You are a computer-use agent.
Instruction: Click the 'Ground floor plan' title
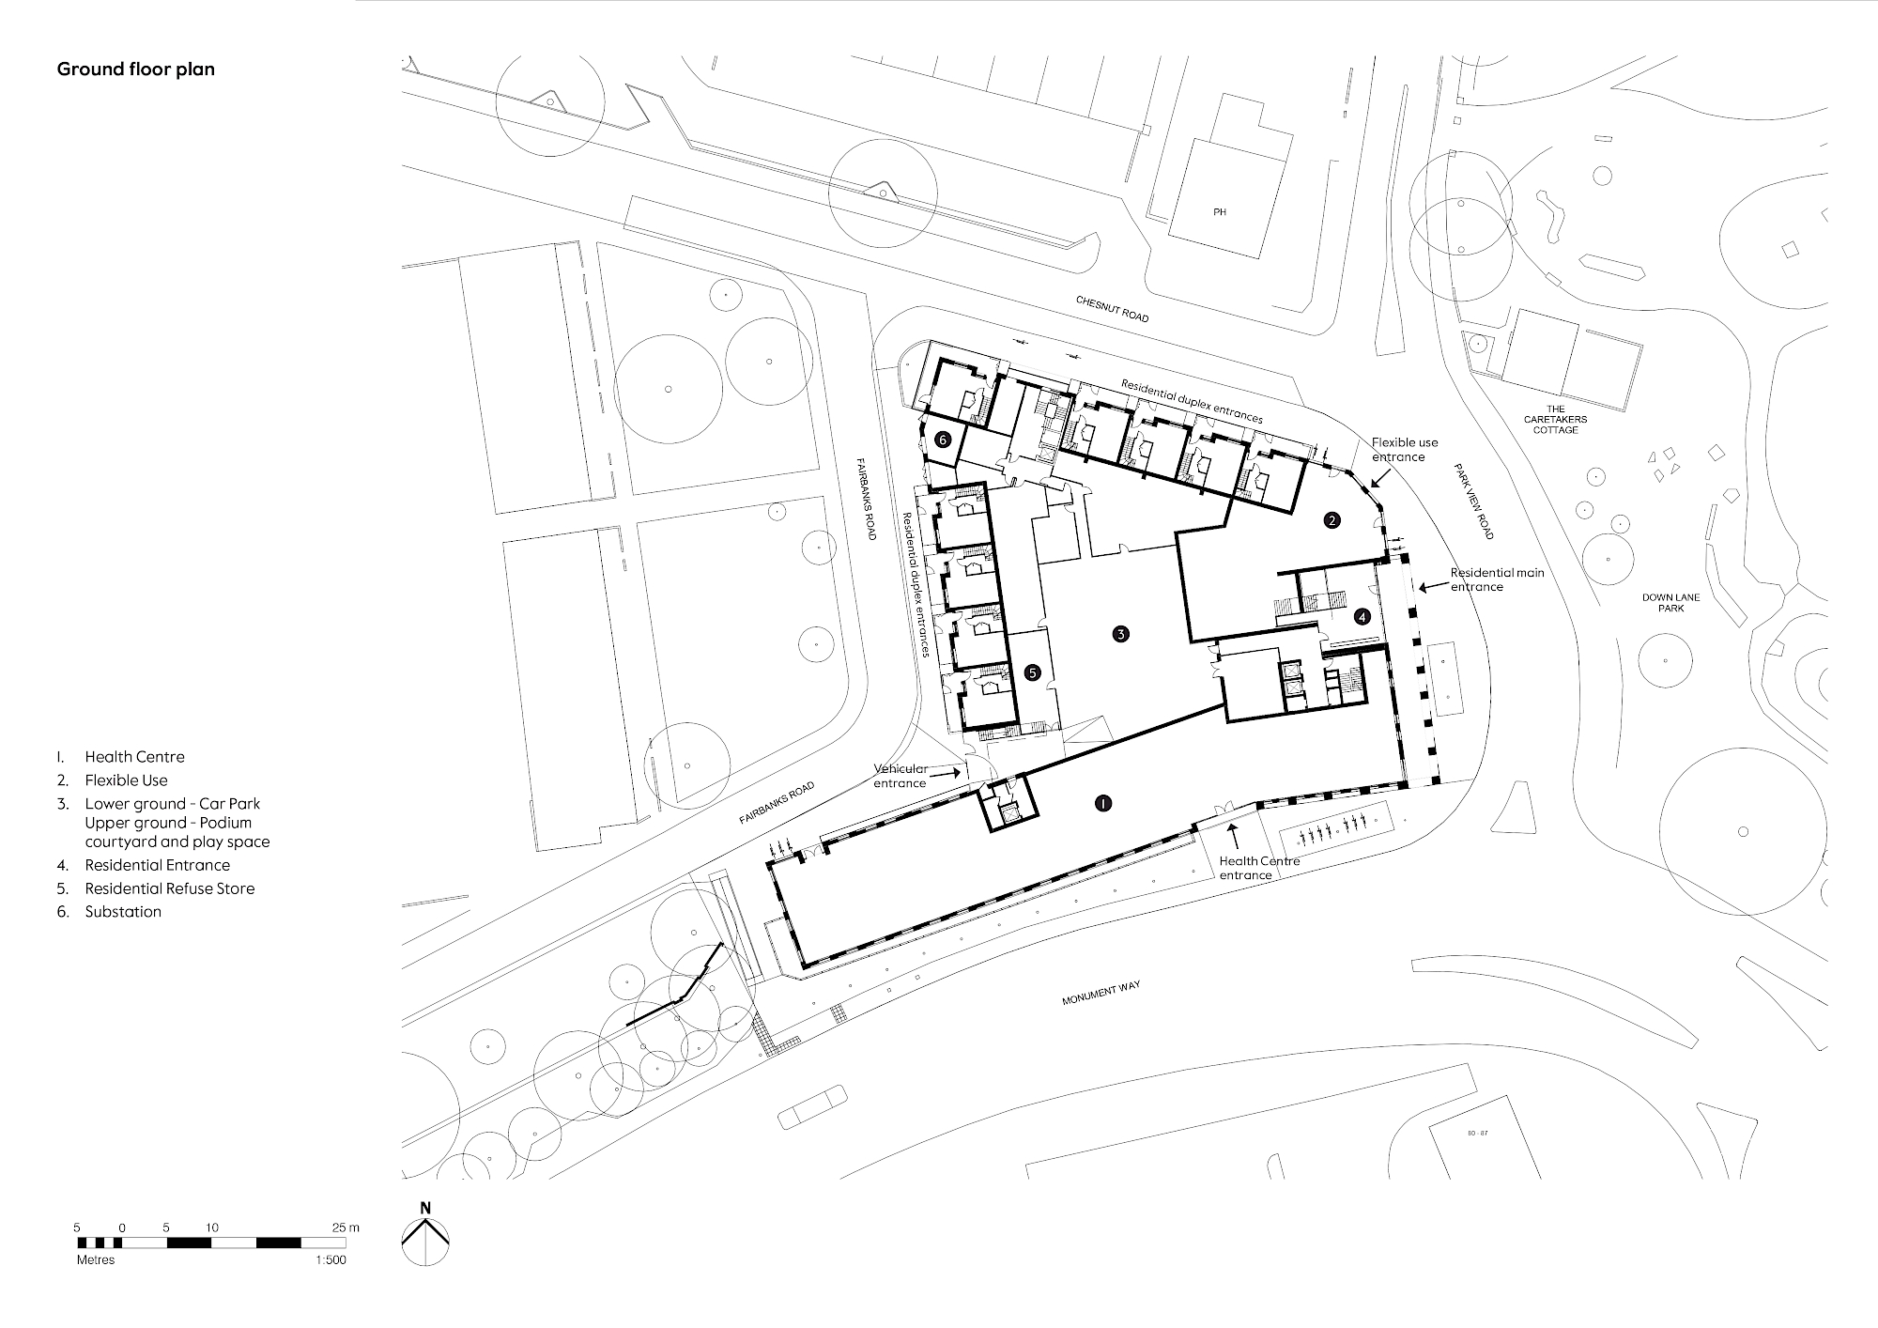click(x=136, y=69)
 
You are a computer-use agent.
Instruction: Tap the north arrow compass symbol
click(x=425, y=1237)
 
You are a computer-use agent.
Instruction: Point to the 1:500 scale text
click(x=331, y=1260)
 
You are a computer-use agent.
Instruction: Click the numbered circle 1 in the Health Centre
click(x=1104, y=803)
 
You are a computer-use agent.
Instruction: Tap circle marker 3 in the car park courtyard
click(x=1120, y=634)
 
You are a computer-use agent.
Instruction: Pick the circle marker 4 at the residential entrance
click(x=1362, y=617)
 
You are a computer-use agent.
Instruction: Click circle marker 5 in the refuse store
click(x=1033, y=672)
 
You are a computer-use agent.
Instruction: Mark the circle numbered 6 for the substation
click(x=944, y=439)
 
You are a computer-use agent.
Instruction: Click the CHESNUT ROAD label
click(x=1112, y=309)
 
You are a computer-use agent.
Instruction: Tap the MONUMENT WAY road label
click(x=1101, y=995)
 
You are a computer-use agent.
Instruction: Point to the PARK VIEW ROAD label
click(x=1473, y=501)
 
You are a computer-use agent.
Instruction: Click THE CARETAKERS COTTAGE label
click(x=1556, y=419)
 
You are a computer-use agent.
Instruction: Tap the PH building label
click(x=1220, y=212)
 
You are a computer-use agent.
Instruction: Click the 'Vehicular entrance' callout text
click(x=901, y=776)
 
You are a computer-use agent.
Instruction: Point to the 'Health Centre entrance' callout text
click(x=1259, y=868)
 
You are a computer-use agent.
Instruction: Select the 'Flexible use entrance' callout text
click(x=1405, y=450)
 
